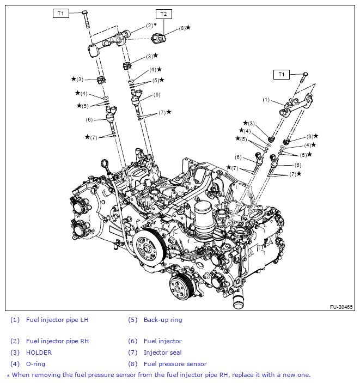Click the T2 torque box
coord(163,14)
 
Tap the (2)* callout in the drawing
coord(151,26)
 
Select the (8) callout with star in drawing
coord(185,27)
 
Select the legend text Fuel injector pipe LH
coord(57,320)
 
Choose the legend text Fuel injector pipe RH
coord(57,341)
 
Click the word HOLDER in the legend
coord(39,352)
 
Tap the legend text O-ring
coord(36,363)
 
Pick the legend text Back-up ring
coord(163,320)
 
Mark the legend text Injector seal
coord(163,352)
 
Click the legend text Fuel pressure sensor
coord(175,363)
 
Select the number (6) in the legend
coord(133,341)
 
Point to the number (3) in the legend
coord(15,352)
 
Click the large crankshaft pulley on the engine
coord(149,245)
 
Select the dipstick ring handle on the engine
coord(105,163)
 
